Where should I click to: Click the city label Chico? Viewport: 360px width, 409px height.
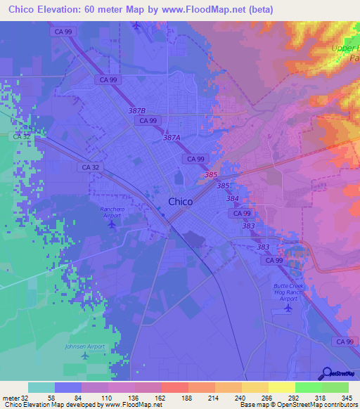[181, 202]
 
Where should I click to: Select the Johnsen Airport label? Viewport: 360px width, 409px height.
[85, 346]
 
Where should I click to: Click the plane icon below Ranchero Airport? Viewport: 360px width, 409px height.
[111, 224]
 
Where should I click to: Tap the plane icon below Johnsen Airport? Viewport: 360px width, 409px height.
[85, 356]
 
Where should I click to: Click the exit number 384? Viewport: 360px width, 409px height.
[233, 199]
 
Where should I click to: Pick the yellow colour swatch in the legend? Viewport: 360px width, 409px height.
[282, 387]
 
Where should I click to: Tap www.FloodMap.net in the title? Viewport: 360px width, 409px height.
[207, 9]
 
